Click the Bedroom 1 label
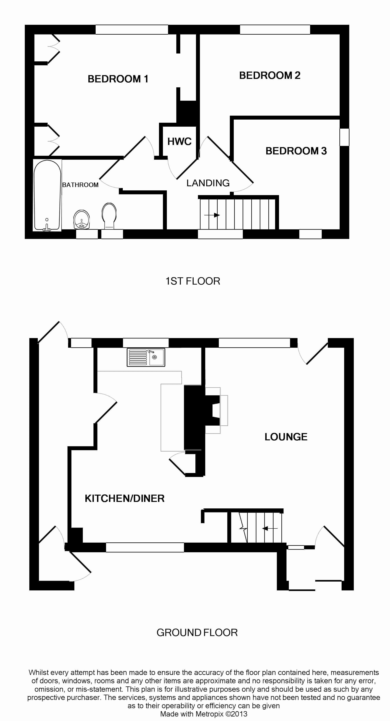tap(118, 79)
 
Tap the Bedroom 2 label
tap(270, 75)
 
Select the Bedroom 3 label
tap(296, 151)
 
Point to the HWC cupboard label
tap(179, 142)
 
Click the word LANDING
tap(208, 183)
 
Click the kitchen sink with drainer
tap(146, 357)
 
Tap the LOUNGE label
tap(286, 437)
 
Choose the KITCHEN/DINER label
tap(125, 499)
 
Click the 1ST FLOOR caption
tap(193, 281)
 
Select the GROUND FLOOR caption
tap(197, 632)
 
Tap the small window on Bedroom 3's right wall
tap(344, 137)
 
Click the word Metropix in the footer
tap(209, 714)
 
